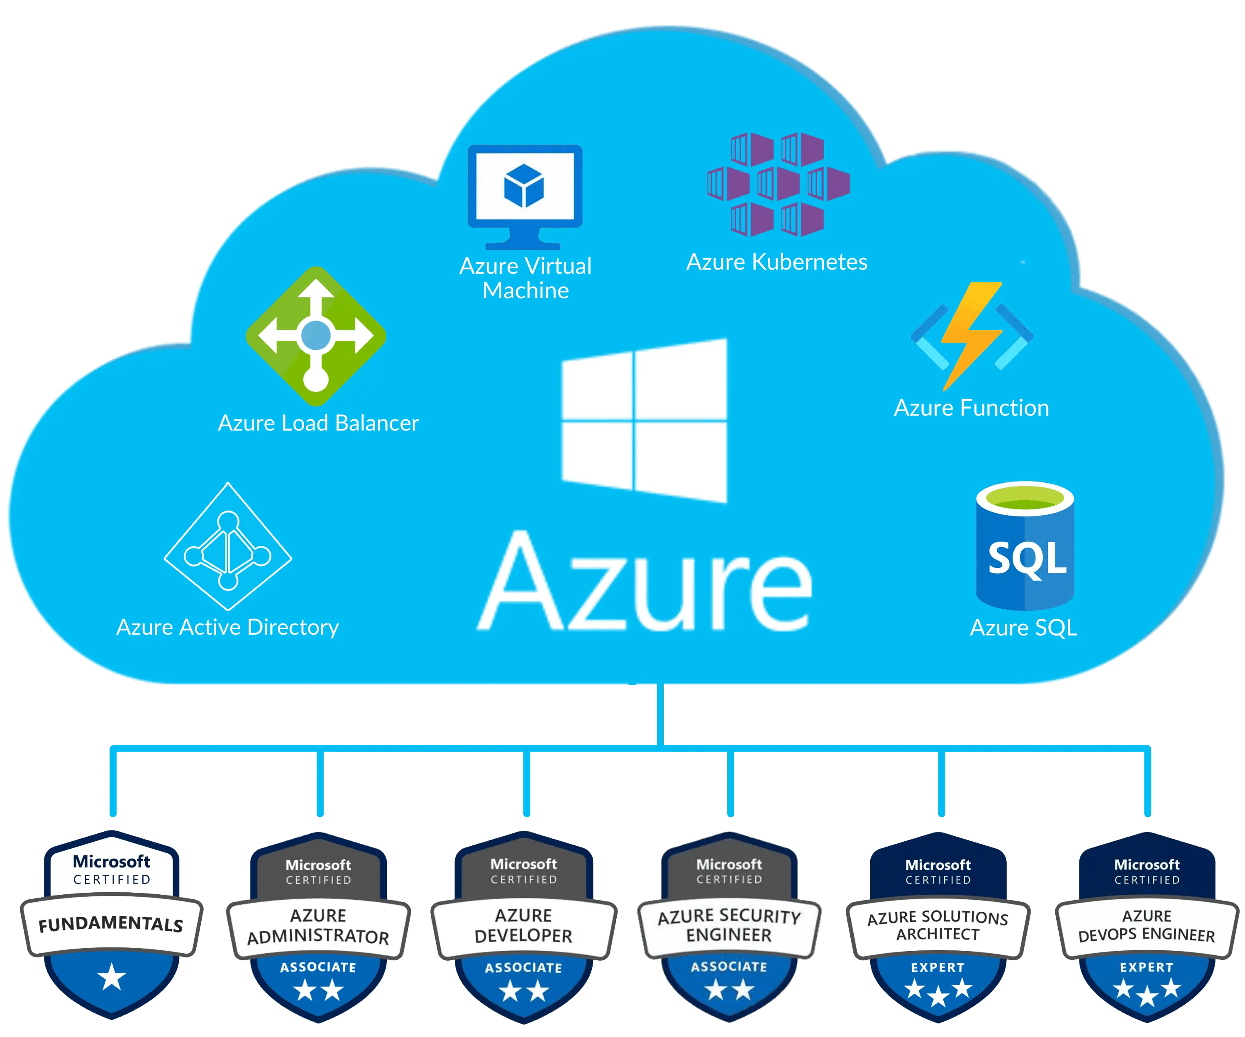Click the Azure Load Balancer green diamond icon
[316, 336]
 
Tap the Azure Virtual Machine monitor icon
[525, 195]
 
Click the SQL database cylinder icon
[1025, 546]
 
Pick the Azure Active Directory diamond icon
[228, 546]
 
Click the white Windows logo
[644, 421]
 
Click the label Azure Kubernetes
[776, 262]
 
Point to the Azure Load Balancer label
[318, 423]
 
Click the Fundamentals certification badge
[112, 925]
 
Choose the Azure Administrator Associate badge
[318, 927]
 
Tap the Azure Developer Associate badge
[523, 927]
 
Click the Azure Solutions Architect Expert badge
[938, 927]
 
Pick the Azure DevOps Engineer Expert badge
[1147, 927]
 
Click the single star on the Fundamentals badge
[112, 978]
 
